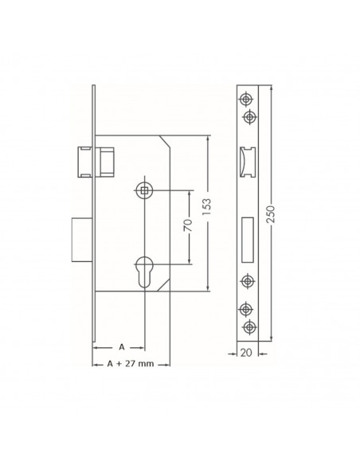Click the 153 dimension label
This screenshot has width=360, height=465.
[207, 207]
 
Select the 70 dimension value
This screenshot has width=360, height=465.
[188, 226]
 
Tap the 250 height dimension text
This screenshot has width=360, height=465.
[271, 214]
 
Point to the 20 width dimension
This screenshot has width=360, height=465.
[246, 353]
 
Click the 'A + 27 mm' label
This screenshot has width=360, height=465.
[131, 364]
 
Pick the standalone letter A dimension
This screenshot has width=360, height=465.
[122, 347]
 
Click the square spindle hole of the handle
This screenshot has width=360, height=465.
[144, 190]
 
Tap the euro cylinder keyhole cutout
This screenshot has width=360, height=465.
[144, 272]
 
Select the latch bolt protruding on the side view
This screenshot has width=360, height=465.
[86, 162]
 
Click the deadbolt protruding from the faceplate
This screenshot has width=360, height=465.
[82, 240]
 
